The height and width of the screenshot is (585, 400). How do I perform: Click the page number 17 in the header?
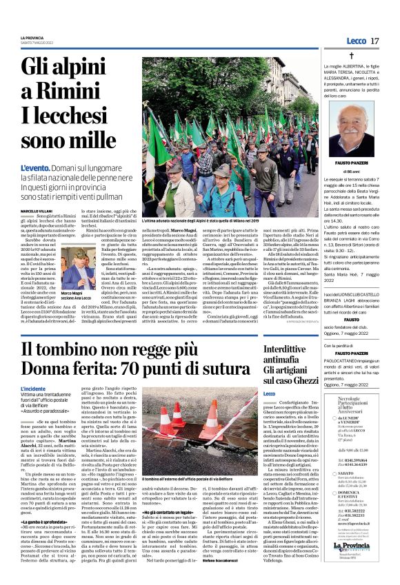pos(374,41)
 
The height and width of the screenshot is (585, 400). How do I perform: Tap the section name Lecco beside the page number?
pos(357,41)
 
